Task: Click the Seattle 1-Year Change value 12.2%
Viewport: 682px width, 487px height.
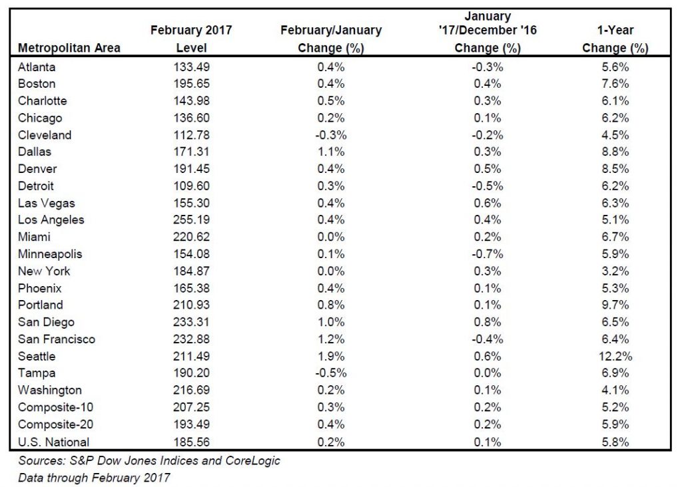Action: pyautogui.click(x=615, y=356)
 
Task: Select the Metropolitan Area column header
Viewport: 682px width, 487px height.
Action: pyautogui.click(x=69, y=48)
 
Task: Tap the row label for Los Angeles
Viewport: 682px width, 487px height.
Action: pyautogui.click(x=51, y=220)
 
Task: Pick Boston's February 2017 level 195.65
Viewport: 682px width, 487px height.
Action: pyautogui.click(x=191, y=83)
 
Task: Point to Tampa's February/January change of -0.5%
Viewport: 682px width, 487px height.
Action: pyautogui.click(x=331, y=373)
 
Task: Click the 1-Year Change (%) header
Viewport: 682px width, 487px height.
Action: pyautogui.click(x=615, y=39)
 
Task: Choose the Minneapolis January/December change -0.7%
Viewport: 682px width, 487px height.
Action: pyautogui.click(x=487, y=253)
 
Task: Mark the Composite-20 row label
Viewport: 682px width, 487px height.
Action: pyautogui.click(x=56, y=424)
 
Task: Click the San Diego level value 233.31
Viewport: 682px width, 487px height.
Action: pyautogui.click(x=191, y=322)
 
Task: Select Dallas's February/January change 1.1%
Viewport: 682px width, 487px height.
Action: pyautogui.click(x=331, y=152)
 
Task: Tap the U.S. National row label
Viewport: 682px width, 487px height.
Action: pyautogui.click(x=53, y=442)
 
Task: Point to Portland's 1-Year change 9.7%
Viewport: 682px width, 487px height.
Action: pyautogui.click(x=615, y=305)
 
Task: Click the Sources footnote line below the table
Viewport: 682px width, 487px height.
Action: pyautogui.click(x=149, y=460)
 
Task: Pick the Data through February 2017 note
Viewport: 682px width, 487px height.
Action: pyautogui.click(x=94, y=478)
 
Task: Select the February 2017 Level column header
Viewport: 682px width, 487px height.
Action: pyautogui.click(x=191, y=39)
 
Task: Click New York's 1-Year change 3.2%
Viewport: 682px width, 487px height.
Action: pyautogui.click(x=615, y=271)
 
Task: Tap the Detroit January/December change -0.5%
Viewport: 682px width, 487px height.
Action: pyautogui.click(x=487, y=186)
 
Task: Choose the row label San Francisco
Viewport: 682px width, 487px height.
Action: pyautogui.click(x=57, y=339)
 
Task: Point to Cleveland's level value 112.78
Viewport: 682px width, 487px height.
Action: pyautogui.click(x=191, y=135)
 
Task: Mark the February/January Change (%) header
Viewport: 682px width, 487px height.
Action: pyautogui.click(x=331, y=39)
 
